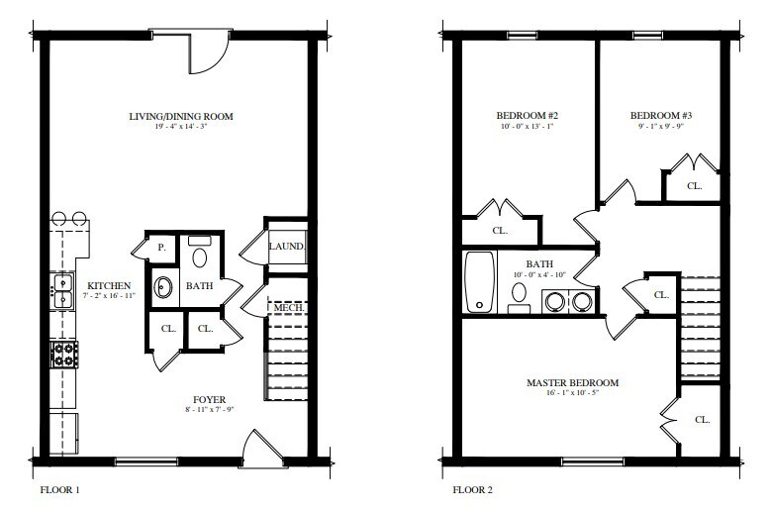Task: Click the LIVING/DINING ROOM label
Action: point(181,117)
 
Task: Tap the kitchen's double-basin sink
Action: point(61,290)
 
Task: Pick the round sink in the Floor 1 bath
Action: point(163,289)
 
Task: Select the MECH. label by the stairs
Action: point(286,308)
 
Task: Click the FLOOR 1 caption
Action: point(59,489)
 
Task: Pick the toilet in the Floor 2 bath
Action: point(520,294)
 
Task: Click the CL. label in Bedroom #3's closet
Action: point(695,185)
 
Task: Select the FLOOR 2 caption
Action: point(473,489)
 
